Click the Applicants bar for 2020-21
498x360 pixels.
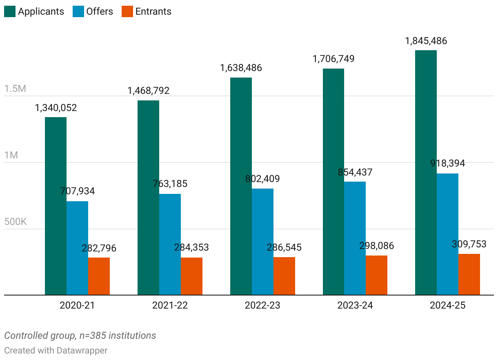56,206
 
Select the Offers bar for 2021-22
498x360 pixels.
170,244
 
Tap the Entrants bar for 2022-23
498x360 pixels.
284,276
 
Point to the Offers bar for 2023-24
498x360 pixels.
355,238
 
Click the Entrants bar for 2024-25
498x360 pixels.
469,274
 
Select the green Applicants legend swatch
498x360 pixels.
9,11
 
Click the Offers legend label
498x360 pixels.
100,11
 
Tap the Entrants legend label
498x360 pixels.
153,11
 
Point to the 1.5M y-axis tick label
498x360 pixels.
15,89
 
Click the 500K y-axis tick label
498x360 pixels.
15,222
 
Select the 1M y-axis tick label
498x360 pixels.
11,156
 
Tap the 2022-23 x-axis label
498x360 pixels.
262,305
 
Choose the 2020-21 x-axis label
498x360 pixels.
77,305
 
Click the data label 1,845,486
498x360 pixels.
426,41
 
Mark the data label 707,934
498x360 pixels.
77,191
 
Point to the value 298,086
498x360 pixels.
376,246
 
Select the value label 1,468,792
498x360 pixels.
148,91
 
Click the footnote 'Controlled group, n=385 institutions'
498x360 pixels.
80,336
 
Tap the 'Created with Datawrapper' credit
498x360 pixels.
56,350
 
